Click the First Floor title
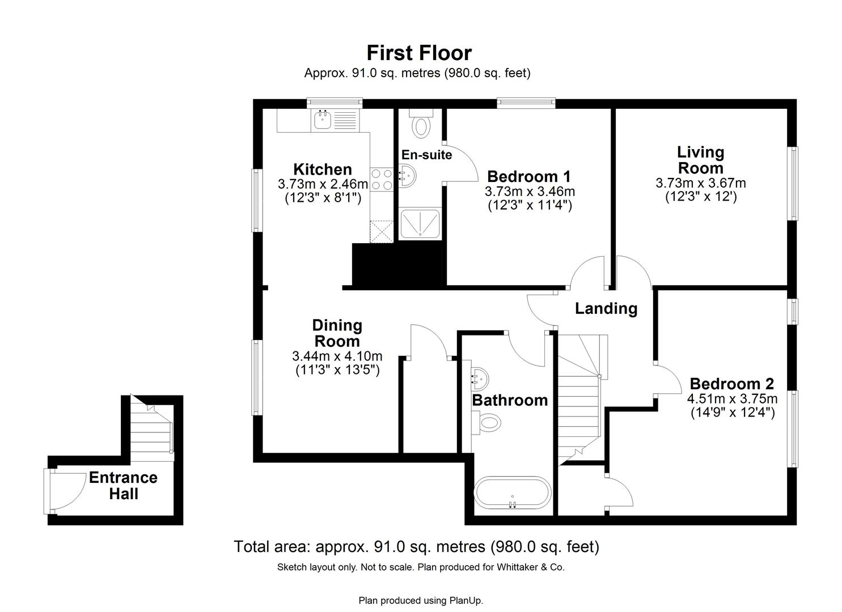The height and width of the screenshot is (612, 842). (x=418, y=53)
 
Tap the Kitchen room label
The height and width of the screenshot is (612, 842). (x=322, y=169)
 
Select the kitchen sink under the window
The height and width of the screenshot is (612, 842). (x=323, y=120)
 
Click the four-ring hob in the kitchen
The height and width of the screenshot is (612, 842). (x=382, y=179)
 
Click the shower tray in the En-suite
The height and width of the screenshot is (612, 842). (x=420, y=224)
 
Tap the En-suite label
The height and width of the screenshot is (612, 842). (x=426, y=155)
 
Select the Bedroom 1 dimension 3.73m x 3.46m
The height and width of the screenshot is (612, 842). (x=530, y=192)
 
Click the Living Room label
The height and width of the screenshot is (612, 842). (x=701, y=160)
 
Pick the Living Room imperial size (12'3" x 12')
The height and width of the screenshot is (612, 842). (x=701, y=197)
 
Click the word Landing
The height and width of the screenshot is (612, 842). (x=606, y=308)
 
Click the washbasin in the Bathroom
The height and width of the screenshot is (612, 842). (x=480, y=376)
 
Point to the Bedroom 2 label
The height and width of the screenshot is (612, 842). (x=731, y=384)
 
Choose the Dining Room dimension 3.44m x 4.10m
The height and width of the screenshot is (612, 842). (x=337, y=356)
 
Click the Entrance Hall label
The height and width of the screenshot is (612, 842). (x=123, y=486)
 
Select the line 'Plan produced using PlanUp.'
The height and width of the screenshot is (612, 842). (x=421, y=600)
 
